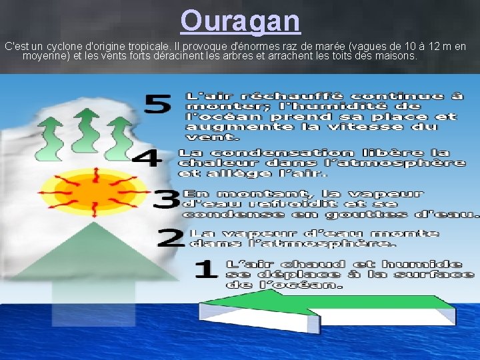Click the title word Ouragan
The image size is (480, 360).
[x=240, y=21]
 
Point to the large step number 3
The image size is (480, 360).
[x=166, y=198]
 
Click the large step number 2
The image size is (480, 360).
[x=172, y=238]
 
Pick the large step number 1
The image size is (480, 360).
[x=205, y=269]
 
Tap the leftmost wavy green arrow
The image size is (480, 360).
[x=50, y=134]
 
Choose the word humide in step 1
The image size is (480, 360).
[x=427, y=263]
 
